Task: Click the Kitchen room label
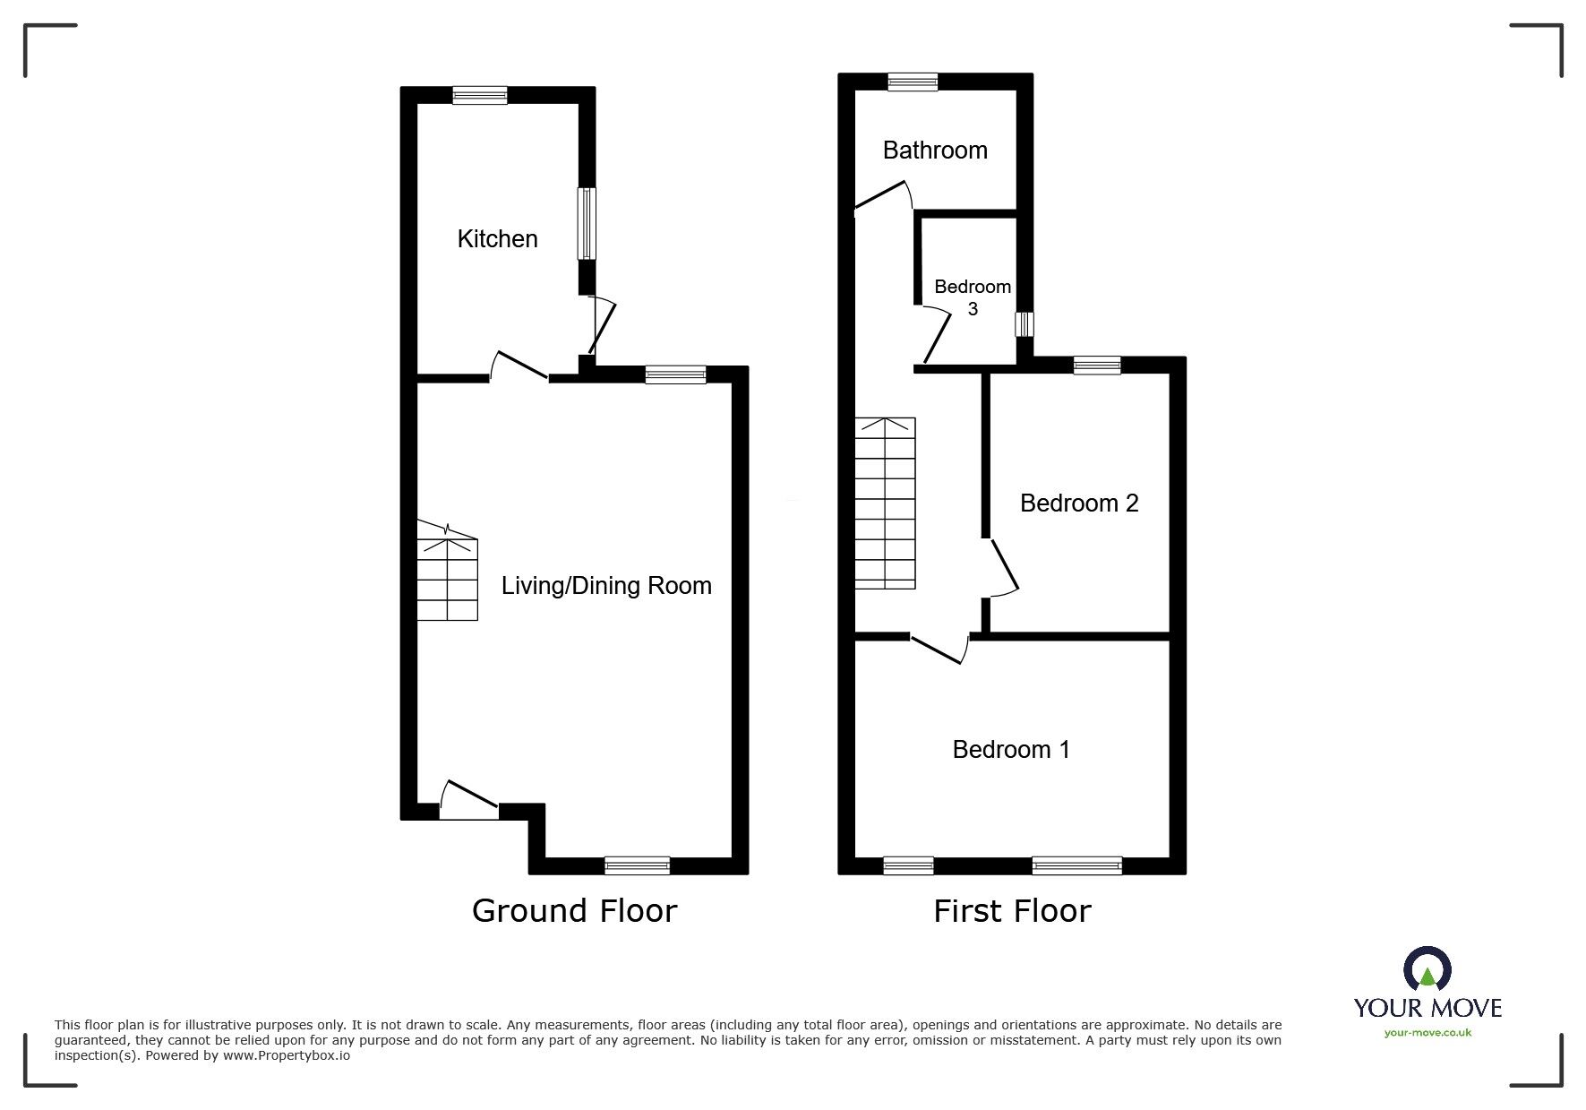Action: [497, 238]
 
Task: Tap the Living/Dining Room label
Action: [606, 586]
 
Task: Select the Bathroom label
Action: [935, 150]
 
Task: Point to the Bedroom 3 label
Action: [973, 297]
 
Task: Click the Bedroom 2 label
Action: [1079, 503]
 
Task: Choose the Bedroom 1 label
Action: [1011, 749]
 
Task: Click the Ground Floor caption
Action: [574, 911]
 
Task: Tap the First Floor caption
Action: [1012, 911]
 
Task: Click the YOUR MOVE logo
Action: [1427, 984]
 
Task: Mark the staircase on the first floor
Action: [885, 503]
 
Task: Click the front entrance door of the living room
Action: [469, 800]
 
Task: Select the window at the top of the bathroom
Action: [913, 82]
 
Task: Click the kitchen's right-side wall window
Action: [586, 223]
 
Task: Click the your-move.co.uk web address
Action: [1427, 1033]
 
